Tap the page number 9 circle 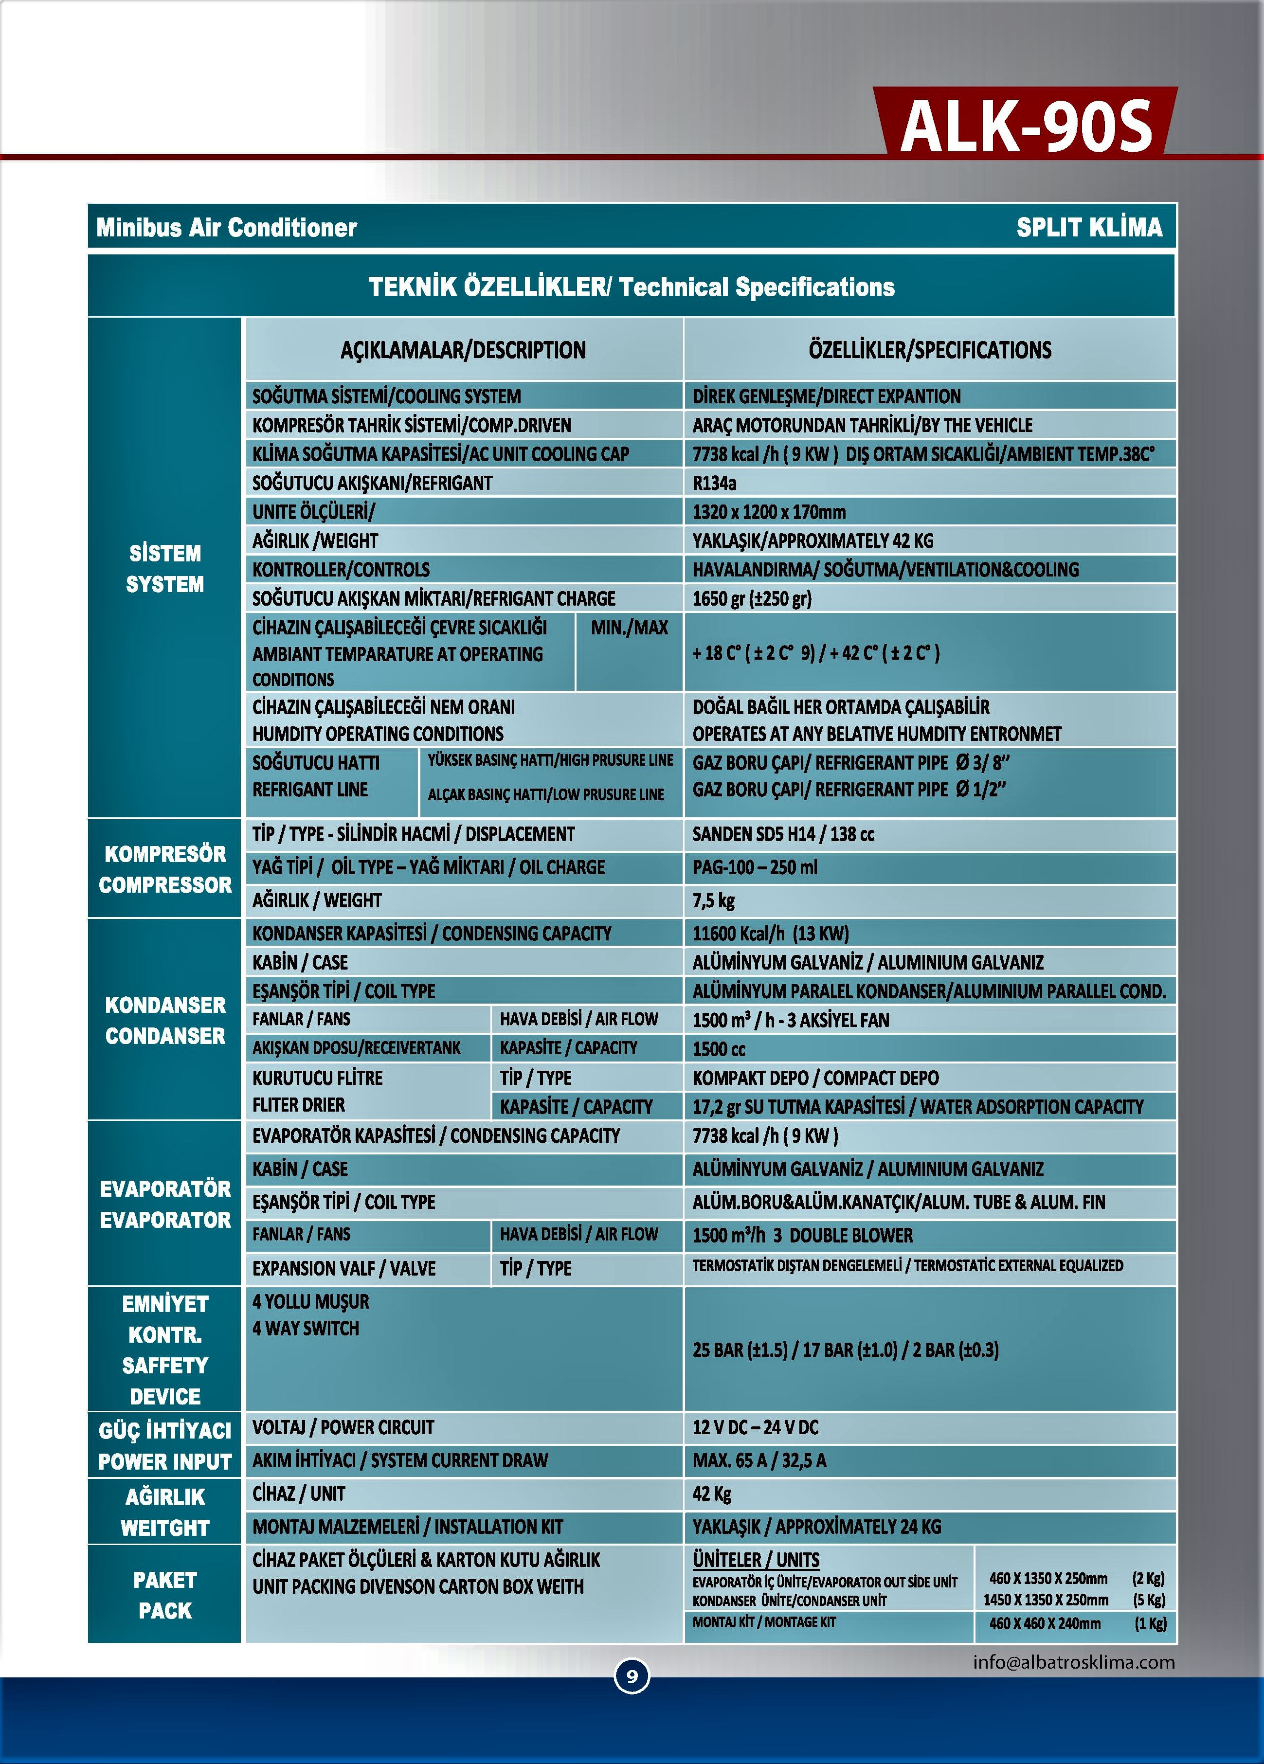click(632, 1675)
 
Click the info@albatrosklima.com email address click(1073, 1662)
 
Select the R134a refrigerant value click(714, 483)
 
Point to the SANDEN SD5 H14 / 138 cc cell click(783, 834)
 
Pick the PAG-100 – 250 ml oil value click(755, 867)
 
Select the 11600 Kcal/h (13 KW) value click(770, 934)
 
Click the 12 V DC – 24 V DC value click(755, 1427)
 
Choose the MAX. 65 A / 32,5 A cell click(759, 1460)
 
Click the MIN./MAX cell click(629, 628)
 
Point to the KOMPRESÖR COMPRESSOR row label click(165, 869)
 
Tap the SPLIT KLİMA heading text click(1089, 227)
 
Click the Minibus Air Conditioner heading click(226, 227)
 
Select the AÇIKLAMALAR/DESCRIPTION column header click(463, 350)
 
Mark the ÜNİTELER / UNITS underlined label click(755, 1560)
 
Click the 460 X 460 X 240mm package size click(1045, 1623)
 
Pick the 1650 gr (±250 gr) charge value click(751, 598)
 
